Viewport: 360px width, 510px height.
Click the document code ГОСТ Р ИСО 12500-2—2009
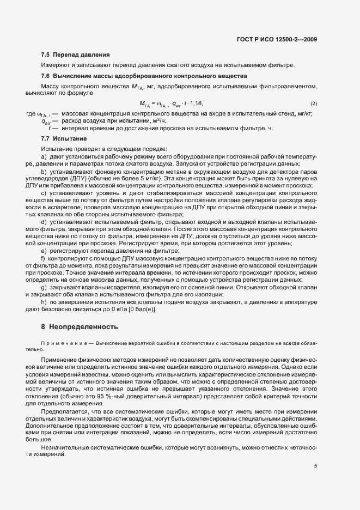[x=278, y=39]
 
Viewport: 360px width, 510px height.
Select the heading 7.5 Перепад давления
[x=76, y=55]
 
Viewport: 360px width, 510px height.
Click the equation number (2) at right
[x=314, y=104]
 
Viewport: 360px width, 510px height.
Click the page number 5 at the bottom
[x=315, y=466]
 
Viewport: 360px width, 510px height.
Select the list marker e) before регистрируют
[x=44, y=250]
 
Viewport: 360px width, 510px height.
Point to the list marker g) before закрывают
[x=44, y=287]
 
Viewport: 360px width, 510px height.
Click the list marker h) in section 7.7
[x=44, y=302]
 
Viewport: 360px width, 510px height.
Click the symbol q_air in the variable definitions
[x=45, y=122]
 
